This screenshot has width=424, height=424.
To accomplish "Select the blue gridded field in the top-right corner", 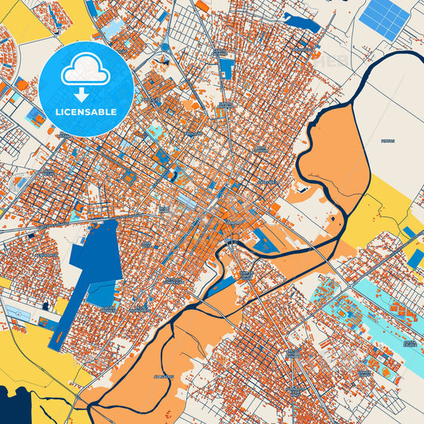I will (x=384, y=18).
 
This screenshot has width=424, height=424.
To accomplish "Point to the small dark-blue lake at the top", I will (x=302, y=23).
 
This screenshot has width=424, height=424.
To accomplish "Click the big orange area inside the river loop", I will (x=334, y=159).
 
